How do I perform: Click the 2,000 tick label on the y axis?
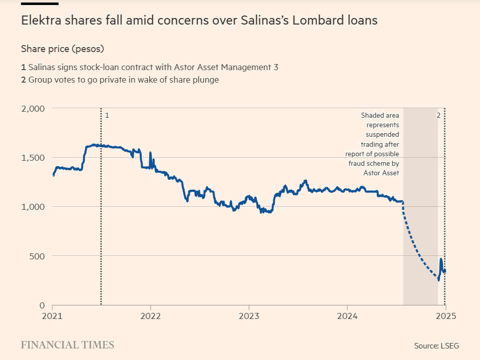[34, 109]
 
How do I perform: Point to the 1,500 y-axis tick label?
[34, 158]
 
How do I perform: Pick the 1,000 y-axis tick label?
[34, 207]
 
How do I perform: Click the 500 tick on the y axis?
[38, 256]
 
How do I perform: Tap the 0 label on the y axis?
[42, 305]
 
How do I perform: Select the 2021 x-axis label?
[52, 316]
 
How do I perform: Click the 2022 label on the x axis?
[150, 316]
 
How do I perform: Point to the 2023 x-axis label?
[249, 316]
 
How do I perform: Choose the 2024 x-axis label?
[347, 316]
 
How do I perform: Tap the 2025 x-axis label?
[445, 316]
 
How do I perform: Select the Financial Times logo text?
[68, 345]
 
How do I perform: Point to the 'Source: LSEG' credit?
[436, 345]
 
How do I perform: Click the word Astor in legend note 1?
[170, 67]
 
